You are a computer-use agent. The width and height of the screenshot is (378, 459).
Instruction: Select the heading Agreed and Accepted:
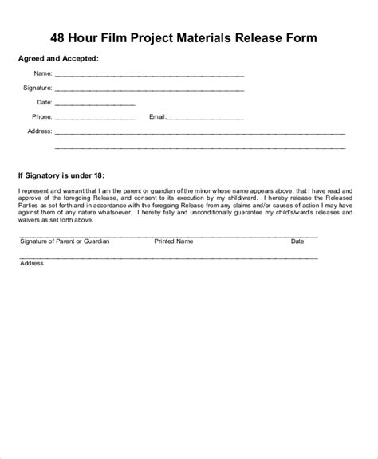coord(58,59)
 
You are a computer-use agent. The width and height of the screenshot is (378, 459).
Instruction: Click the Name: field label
coord(42,74)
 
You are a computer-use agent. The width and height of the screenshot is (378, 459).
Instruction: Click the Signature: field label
coord(37,88)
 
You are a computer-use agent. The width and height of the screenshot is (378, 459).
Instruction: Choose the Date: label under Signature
coord(44,102)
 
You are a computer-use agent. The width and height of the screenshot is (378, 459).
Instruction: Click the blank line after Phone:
coord(95,117)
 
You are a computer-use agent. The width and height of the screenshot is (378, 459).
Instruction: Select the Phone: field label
coord(41,116)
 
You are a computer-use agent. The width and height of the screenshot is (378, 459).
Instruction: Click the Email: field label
coord(157,116)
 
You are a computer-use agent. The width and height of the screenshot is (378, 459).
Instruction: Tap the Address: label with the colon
coord(40,131)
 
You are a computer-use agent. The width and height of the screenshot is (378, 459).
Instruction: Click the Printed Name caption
coord(173,240)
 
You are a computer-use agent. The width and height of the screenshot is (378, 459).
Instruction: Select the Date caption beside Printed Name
coord(297,240)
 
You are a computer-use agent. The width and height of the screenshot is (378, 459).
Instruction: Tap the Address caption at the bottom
coord(32,262)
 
